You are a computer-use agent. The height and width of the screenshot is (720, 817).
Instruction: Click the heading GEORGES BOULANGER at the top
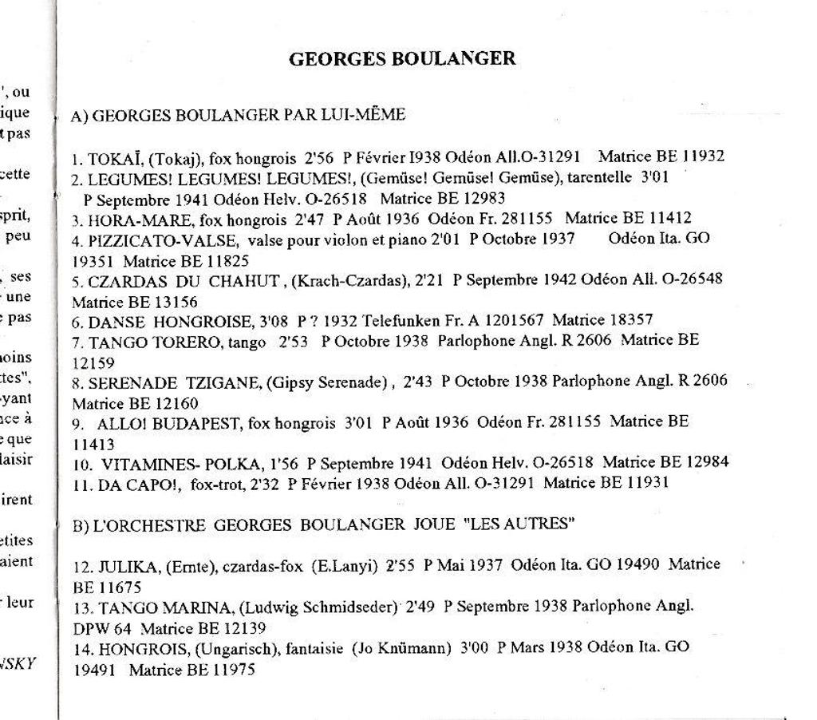click(401, 58)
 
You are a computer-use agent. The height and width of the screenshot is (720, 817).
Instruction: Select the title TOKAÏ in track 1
click(115, 157)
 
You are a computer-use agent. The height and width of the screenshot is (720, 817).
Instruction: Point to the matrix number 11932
click(702, 156)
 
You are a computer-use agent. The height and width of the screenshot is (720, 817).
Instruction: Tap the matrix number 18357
click(631, 320)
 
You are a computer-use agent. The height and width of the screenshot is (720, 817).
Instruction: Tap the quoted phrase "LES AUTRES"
click(519, 524)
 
